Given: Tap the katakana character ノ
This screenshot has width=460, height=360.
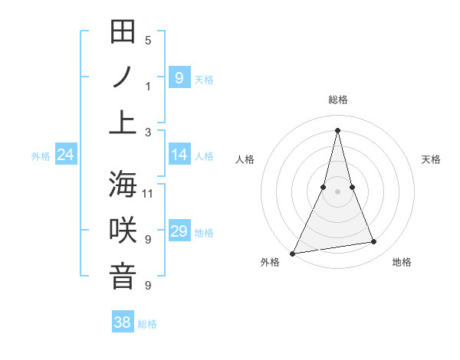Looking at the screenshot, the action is click(123, 77).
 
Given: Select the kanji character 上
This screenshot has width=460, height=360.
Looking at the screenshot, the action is click(123, 123).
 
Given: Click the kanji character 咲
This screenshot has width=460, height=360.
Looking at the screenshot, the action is click(123, 231).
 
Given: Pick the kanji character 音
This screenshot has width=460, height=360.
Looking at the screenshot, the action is click(123, 277).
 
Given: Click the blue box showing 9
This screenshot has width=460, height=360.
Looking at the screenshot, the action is click(179, 77).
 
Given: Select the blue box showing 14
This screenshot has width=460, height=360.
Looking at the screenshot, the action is click(179, 155).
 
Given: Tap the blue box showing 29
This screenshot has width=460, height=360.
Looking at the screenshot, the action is click(179, 231).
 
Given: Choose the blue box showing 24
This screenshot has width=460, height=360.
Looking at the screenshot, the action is click(65, 155).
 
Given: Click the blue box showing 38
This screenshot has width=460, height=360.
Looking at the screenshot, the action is click(123, 322).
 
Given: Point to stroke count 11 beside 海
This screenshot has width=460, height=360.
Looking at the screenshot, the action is click(148, 193).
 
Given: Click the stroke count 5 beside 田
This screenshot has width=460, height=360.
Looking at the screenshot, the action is click(148, 40).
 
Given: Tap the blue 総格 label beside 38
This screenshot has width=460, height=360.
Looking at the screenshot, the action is click(147, 324).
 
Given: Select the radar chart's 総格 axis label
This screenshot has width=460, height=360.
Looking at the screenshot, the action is click(337, 100).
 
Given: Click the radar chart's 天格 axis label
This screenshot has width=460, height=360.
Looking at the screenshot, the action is click(432, 159).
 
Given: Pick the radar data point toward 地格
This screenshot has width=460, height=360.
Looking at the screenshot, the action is click(374, 242).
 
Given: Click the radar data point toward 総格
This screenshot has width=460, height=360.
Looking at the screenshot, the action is click(337, 130).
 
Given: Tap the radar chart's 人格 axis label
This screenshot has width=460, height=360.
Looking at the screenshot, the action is click(245, 159).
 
